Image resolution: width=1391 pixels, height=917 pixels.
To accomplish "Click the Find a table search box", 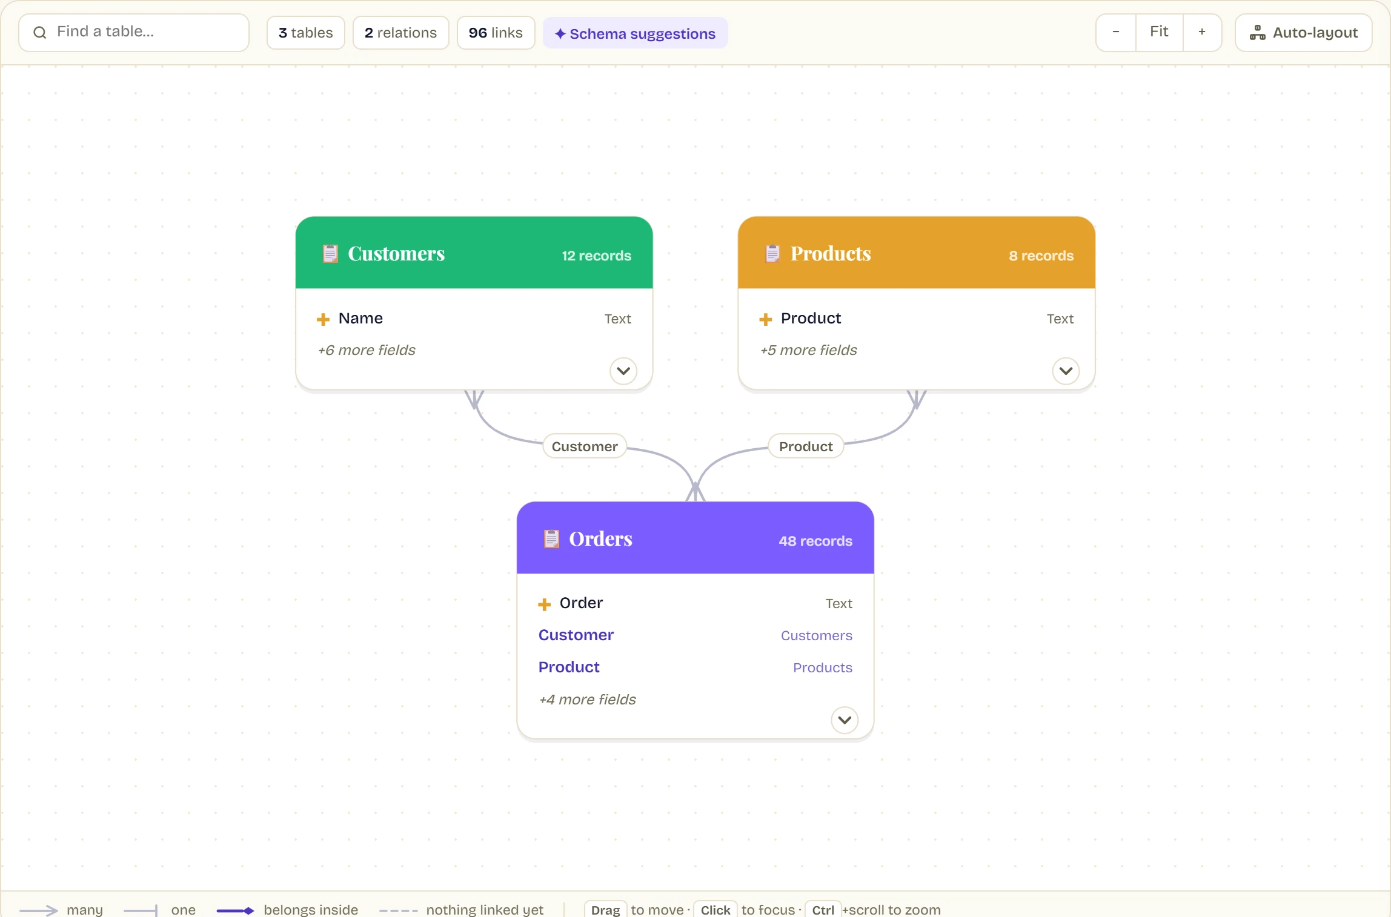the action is [x=134, y=33].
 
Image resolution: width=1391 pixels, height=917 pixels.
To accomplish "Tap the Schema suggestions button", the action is [x=635, y=33].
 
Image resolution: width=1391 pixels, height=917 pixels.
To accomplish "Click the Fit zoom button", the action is [x=1159, y=32].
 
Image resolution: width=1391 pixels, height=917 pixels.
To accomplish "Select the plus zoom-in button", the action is [x=1202, y=32].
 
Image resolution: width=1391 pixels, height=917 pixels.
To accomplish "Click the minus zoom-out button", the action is [x=1116, y=32].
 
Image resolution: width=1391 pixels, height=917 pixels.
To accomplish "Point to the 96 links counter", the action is [x=496, y=33].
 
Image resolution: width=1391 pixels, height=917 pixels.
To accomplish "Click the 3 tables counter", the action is [x=306, y=33].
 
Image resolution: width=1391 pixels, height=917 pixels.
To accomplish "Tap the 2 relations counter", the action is [x=401, y=33].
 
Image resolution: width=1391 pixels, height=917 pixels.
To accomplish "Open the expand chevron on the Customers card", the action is [x=623, y=371].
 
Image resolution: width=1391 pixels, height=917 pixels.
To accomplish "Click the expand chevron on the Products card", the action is [x=1066, y=371].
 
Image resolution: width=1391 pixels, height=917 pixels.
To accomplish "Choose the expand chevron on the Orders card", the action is [x=845, y=720].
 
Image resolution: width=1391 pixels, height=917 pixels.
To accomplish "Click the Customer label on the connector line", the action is [x=585, y=446].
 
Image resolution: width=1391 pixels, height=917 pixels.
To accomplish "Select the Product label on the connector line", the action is [x=806, y=446].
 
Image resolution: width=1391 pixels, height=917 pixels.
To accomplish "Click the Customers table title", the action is [x=396, y=253].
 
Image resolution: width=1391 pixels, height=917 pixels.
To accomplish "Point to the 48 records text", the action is [x=815, y=541].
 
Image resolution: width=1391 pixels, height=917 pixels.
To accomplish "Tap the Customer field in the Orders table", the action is [x=576, y=635].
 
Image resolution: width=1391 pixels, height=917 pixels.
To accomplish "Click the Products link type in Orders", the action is [x=823, y=667].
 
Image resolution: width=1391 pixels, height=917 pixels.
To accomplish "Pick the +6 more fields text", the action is [x=367, y=350].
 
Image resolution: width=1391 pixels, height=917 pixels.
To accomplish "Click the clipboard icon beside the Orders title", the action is [x=551, y=538].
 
